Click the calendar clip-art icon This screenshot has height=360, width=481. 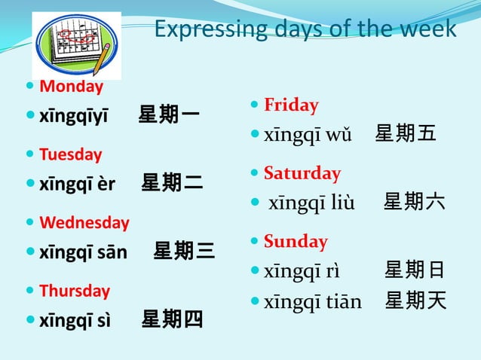point(76,44)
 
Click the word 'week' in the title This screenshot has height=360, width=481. point(429,29)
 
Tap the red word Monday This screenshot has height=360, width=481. point(71,87)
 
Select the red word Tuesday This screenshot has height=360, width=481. point(70,154)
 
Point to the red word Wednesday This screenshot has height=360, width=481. point(84,223)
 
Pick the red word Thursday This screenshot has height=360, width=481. point(74,291)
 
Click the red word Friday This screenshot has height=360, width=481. point(291,105)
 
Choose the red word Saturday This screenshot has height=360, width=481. point(302,173)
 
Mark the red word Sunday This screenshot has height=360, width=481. point(296,242)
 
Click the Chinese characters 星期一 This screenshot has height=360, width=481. point(169,115)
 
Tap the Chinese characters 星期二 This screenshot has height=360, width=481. point(172,183)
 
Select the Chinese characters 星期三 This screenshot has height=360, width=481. point(184,251)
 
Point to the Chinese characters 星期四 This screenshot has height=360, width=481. point(172,319)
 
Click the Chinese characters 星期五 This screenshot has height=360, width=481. point(406,134)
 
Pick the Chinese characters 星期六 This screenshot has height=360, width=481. point(414,202)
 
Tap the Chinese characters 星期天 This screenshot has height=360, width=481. point(415,301)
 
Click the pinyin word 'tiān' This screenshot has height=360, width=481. point(345,302)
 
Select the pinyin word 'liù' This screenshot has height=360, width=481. point(341,203)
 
